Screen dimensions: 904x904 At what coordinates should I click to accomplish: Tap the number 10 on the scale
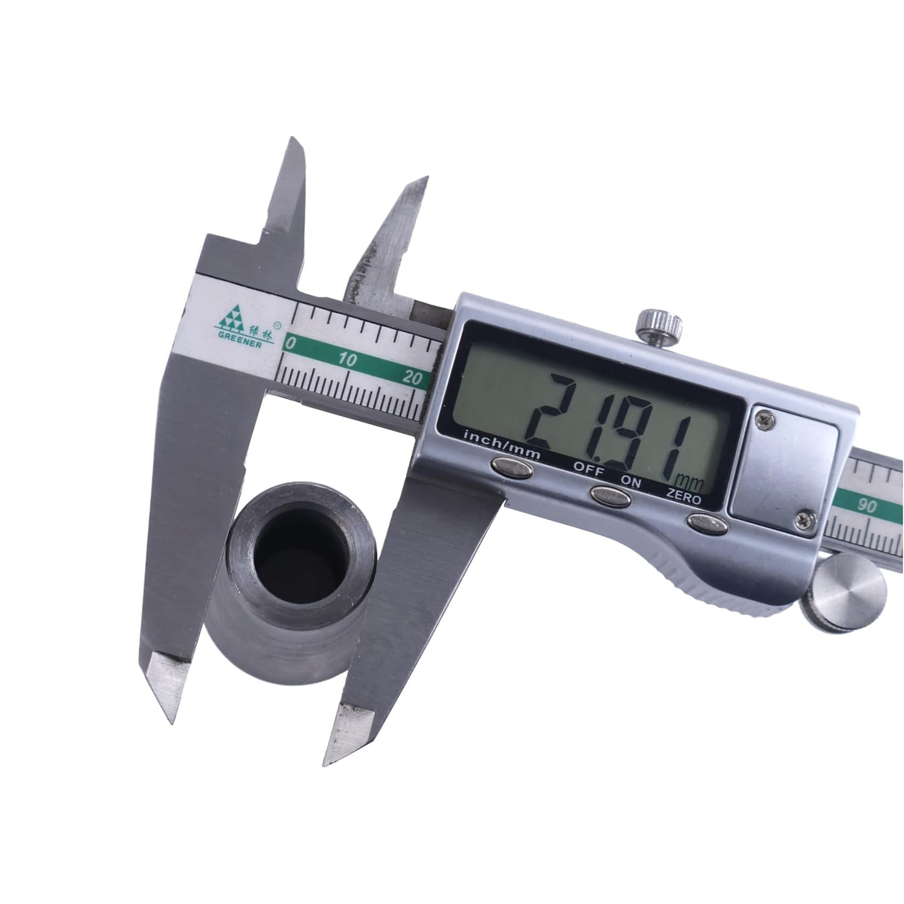pos(348,361)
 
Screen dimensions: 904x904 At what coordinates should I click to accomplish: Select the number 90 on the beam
pos(868,507)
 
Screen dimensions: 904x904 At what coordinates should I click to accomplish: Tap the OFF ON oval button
pos(610,496)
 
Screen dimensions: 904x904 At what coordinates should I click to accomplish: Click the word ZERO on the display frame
pos(684,499)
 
